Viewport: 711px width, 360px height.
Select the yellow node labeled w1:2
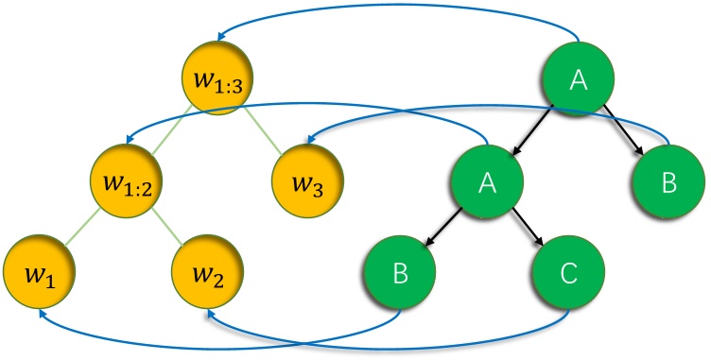point(128,177)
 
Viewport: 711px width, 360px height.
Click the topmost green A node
point(580,80)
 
